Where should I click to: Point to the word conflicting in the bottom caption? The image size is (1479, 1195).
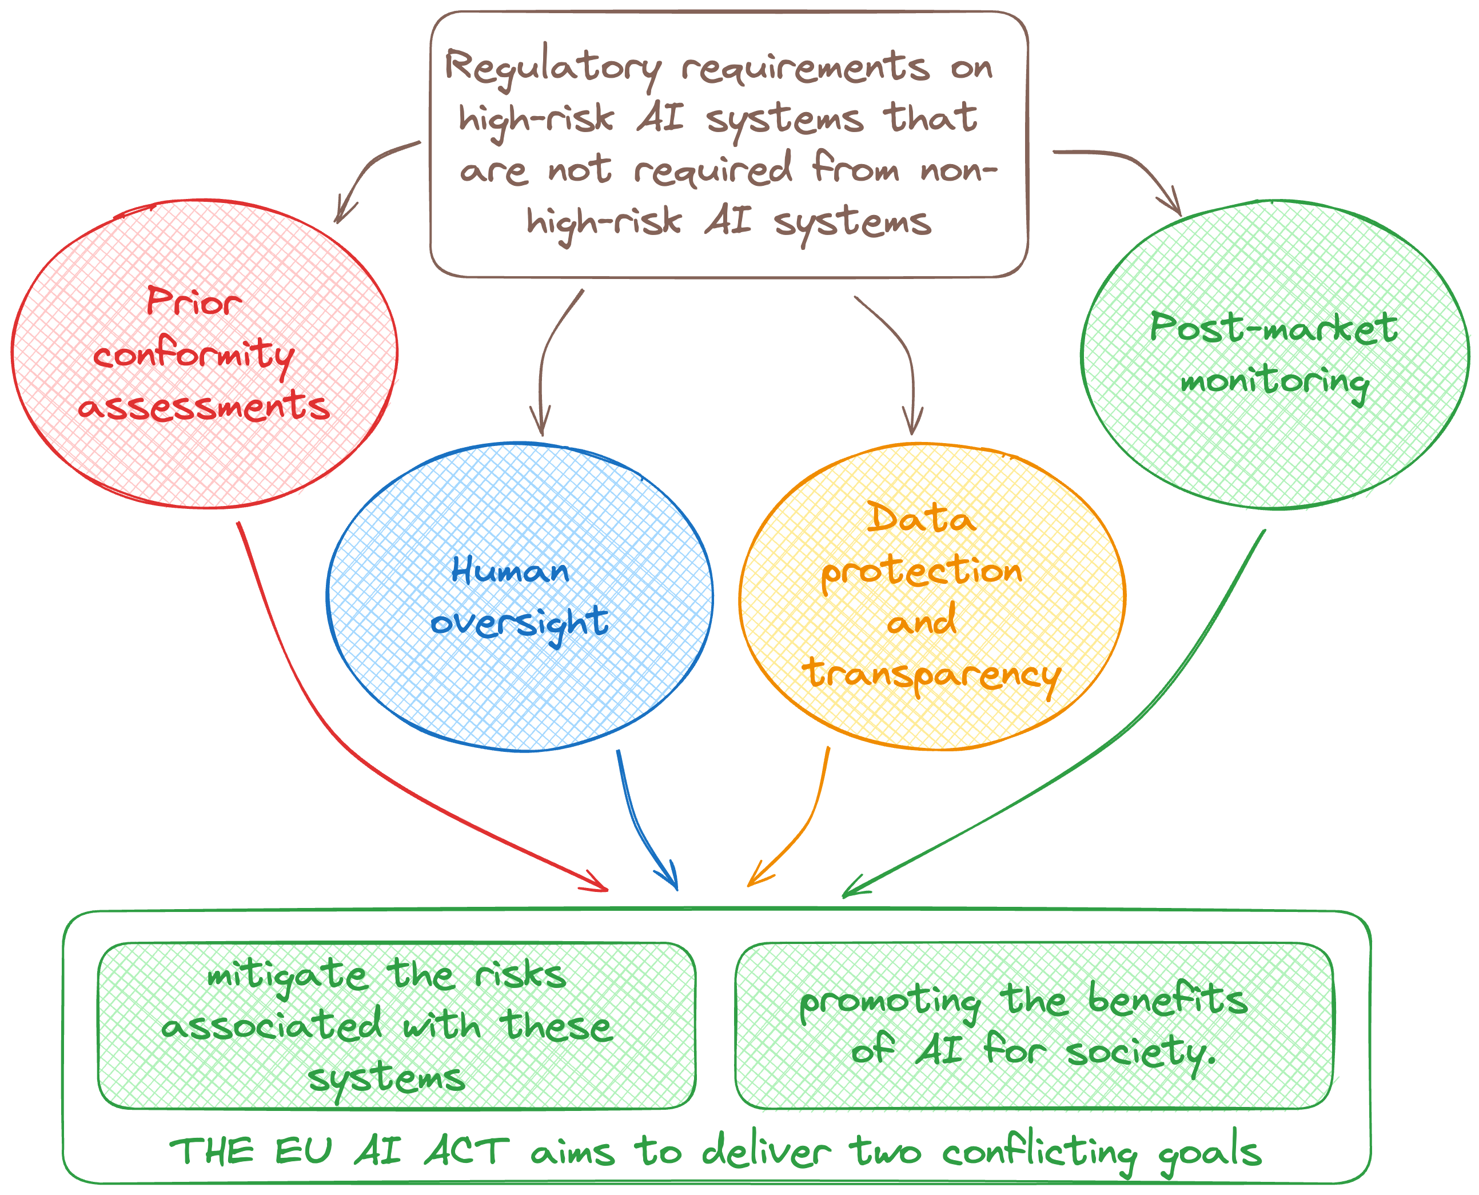(1039, 1152)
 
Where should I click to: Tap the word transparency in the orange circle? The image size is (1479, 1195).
(932, 675)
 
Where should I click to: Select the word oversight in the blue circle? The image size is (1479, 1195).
(520, 623)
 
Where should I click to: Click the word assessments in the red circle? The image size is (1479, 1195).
(205, 406)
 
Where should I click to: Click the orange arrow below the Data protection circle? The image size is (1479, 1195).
(805, 826)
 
